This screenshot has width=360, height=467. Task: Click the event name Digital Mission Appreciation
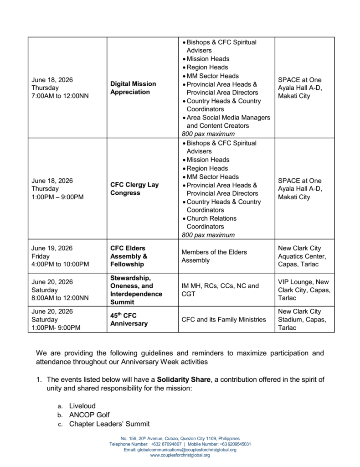click(x=133, y=88)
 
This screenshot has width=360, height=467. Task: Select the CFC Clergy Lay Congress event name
click(x=134, y=189)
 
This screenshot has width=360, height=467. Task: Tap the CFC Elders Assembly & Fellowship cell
click(x=129, y=256)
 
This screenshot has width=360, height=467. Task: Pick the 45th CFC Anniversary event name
click(x=129, y=320)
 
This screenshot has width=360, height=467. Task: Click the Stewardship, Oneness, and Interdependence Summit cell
click(x=136, y=290)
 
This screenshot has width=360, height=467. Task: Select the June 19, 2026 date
click(x=52, y=248)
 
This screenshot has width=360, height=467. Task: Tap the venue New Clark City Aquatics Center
click(x=300, y=256)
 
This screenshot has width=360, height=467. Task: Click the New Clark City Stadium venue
click(x=302, y=320)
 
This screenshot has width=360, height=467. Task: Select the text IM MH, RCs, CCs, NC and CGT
click(x=220, y=290)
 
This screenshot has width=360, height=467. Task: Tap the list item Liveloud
click(x=82, y=405)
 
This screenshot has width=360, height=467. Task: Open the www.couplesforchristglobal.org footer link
click(x=180, y=455)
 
